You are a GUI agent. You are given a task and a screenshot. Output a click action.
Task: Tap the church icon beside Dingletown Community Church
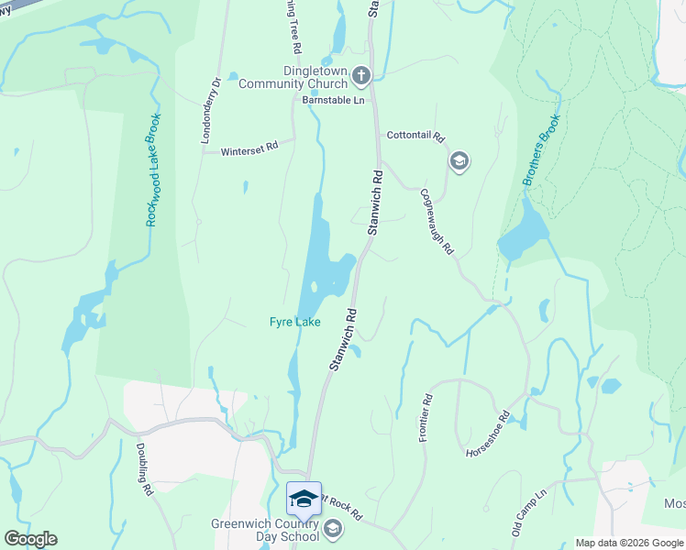pos(361,75)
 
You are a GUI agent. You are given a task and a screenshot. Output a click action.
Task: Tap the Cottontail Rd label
pos(415,136)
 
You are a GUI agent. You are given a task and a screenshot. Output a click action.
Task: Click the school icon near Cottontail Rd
pos(459,162)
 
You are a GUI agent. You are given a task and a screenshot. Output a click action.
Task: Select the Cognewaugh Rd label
pos(437,221)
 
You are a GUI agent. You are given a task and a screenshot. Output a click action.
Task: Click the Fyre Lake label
pos(294,322)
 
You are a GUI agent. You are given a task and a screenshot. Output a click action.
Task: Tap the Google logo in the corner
pos(30,539)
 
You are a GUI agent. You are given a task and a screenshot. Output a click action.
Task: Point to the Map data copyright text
pos(629,543)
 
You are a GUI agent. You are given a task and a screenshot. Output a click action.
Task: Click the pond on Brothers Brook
pos(523,231)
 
